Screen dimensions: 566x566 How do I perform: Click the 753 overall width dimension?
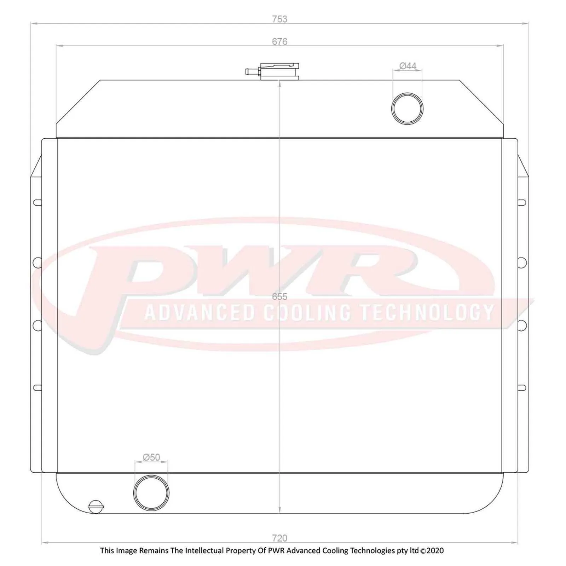tap(279, 19)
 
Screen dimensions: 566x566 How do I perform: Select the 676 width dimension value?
tap(279, 41)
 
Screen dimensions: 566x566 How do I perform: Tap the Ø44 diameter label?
tap(408, 66)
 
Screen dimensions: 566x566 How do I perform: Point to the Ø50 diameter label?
tap(151, 457)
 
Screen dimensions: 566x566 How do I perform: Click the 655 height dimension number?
tap(279, 296)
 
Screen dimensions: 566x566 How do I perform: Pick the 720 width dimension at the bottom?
tap(279, 538)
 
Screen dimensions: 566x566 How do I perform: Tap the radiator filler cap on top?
tap(279, 71)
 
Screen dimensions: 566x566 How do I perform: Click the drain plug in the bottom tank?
tap(96, 507)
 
